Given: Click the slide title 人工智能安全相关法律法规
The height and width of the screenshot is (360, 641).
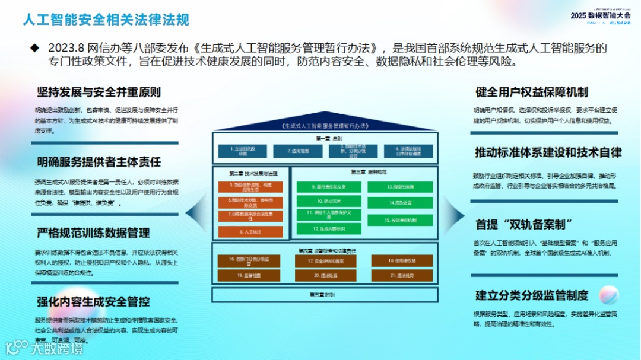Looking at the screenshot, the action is pyautogui.click(x=106, y=20).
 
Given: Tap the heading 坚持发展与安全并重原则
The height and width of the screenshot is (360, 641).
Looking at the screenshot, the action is pyautogui.click(x=99, y=92).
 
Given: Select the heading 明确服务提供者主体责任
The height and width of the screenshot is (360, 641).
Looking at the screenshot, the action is pyautogui.click(x=99, y=162).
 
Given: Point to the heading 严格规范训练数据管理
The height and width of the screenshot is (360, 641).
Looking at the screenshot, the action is pyautogui.click(x=93, y=232).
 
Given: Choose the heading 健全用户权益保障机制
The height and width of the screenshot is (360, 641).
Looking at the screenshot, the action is pyautogui.click(x=531, y=92).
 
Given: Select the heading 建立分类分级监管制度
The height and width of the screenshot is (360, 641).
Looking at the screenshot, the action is pyautogui.click(x=531, y=295).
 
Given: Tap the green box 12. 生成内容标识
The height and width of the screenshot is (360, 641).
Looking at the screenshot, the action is pyautogui.click(x=329, y=228).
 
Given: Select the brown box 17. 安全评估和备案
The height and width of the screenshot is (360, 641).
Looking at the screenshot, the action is pyautogui.click(x=326, y=261).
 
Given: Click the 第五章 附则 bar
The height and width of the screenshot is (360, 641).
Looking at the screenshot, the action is pyautogui.click(x=325, y=295).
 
